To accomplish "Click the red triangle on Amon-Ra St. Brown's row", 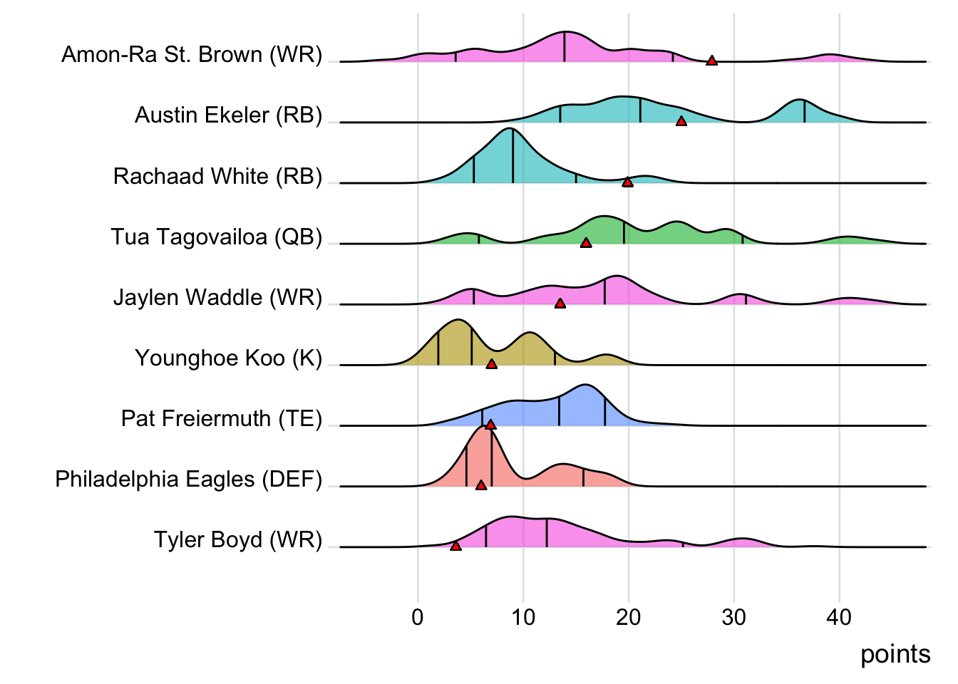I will (x=711, y=61).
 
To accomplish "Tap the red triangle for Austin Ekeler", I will (x=681, y=122).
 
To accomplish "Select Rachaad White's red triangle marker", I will (x=627, y=182).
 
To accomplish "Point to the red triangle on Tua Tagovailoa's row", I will (x=586, y=243).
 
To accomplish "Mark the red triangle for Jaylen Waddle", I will (x=560, y=304).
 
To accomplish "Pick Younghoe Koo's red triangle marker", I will (x=491, y=364).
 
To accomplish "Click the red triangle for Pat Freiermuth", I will (x=490, y=425).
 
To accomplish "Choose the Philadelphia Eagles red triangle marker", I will (x=481, y=485).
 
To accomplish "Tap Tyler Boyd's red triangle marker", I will (x=455, y=546).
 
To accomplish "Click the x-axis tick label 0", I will (x=418, y=617).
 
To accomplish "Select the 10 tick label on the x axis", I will (x=523, y=617).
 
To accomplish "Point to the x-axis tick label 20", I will (x=629, y=617).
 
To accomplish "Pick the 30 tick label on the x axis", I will (x=733, y=617).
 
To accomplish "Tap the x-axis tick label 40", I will (x=839, y=617).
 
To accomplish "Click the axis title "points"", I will (x=895, y=654).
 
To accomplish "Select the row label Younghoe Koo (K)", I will (x=229, y=358).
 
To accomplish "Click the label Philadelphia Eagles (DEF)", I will (x=189, y=479).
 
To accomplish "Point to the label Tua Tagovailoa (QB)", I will (x=217, y=237).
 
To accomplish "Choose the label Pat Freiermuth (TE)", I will (x=222, y=418).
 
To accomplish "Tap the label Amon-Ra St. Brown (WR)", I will (x=192, y=55).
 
